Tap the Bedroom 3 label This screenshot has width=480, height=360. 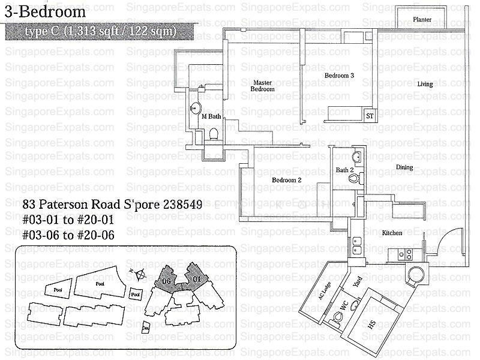click(340, 76)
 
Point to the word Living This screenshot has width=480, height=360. click(425, 85)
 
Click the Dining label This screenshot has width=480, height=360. click(404, 167)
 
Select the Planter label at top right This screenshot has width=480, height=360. click(422, 20)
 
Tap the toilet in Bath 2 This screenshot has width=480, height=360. click(353, 178)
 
